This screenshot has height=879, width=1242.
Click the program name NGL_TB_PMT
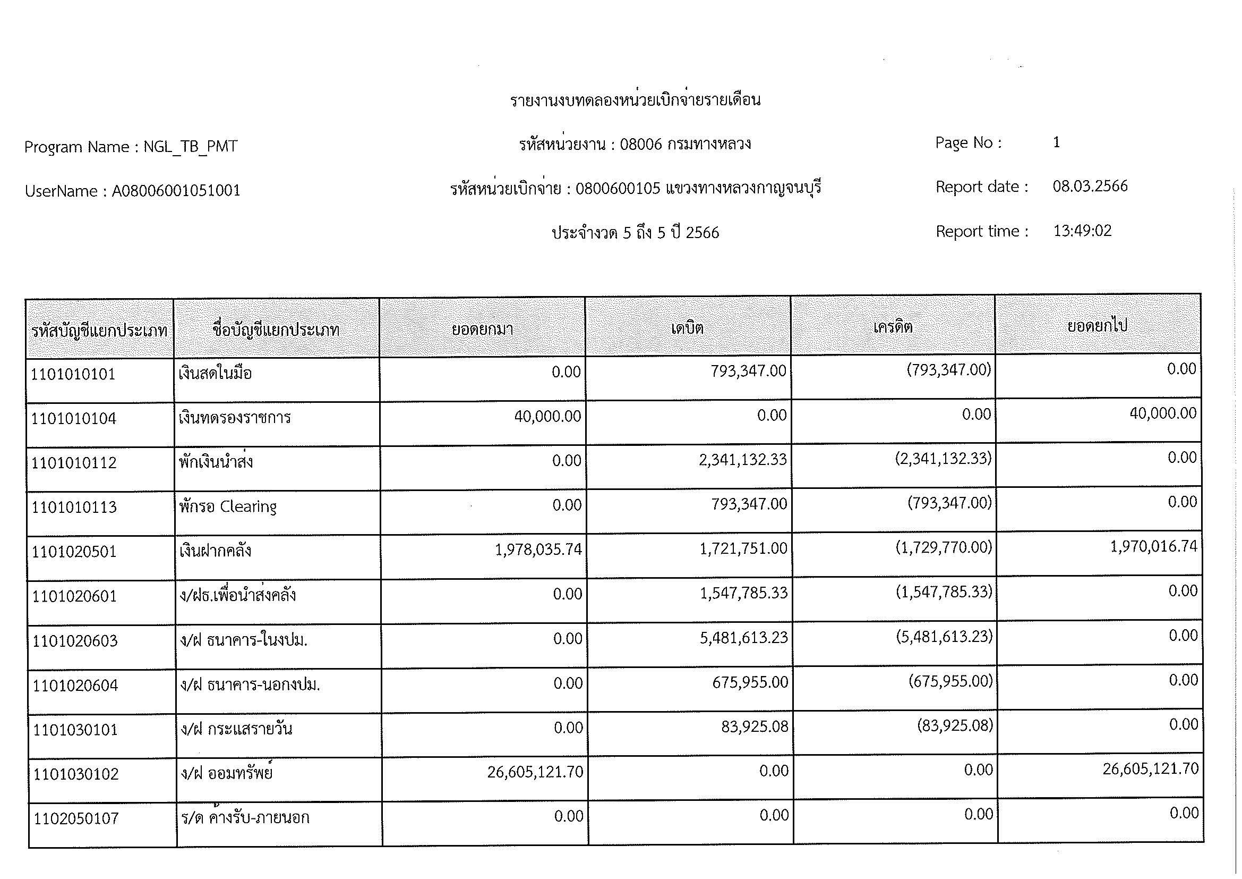190,147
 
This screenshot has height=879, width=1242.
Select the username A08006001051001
176,191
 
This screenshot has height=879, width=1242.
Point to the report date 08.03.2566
1090,186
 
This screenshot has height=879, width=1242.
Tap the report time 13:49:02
1082,231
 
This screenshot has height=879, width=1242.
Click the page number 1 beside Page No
1056,142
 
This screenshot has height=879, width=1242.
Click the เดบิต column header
687,328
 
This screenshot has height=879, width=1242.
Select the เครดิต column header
893,327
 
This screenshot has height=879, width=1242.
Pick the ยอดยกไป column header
1097,326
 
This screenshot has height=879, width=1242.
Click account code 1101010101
73,374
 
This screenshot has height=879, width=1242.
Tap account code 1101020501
74,552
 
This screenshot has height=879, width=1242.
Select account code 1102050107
76,818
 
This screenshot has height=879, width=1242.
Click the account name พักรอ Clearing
228,506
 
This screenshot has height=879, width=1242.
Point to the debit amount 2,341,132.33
743,460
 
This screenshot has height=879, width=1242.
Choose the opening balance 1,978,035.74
538,550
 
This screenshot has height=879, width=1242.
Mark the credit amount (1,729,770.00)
944,547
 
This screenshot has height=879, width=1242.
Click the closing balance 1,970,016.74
1153,546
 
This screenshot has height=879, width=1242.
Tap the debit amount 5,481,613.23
744,638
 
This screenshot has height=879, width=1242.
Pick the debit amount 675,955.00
750,682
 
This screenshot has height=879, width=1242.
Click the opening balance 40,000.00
547,416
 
